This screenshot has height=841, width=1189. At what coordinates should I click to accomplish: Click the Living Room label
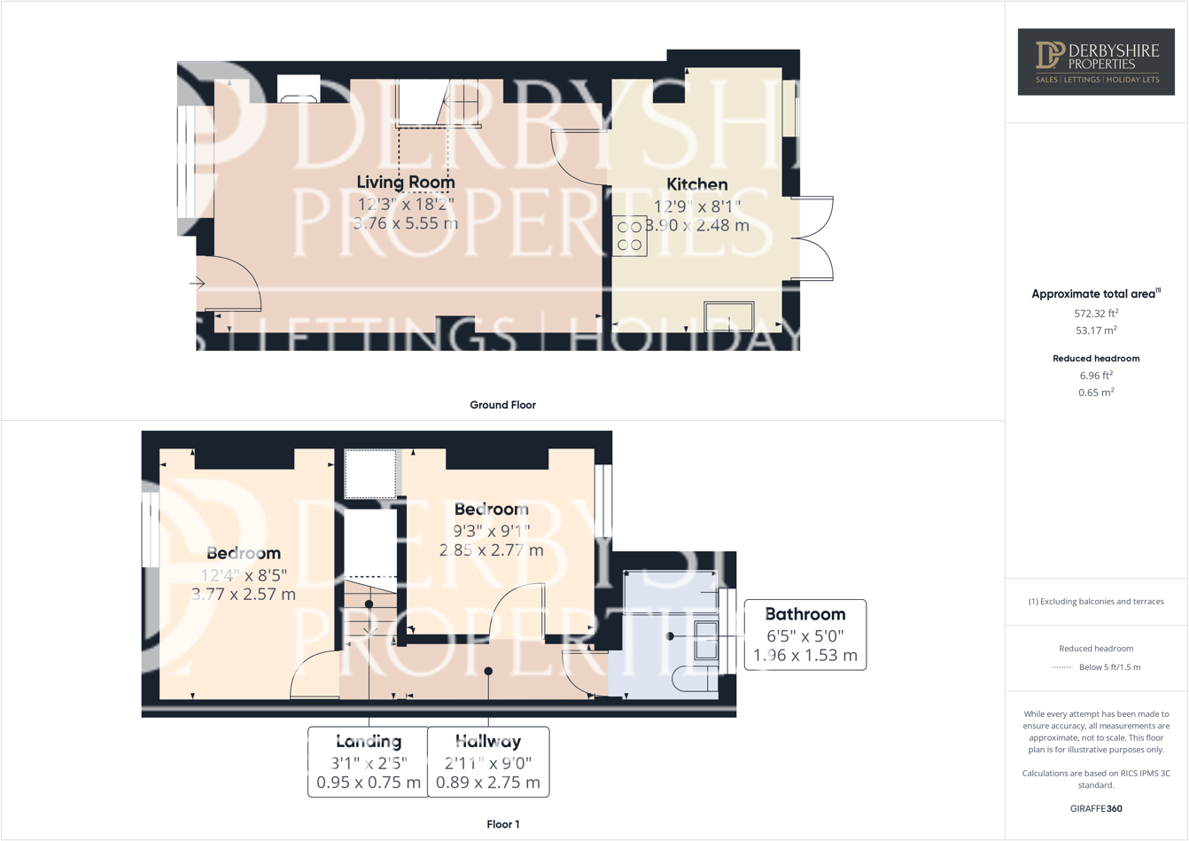(406, 182)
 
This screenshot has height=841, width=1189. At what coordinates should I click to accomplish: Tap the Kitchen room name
(697, 184)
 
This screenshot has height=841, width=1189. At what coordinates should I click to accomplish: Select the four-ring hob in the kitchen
(630, 236)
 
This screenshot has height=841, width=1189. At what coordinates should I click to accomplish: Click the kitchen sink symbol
(729, 316)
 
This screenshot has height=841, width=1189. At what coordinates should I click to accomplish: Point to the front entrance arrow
(198, 284)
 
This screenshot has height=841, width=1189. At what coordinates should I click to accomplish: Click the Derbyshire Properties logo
(1096, 62)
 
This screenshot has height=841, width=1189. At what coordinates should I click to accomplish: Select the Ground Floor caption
(502, 405)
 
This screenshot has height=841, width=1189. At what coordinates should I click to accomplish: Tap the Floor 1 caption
(503, 824)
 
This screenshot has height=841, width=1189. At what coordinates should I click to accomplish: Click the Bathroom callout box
(804, 635)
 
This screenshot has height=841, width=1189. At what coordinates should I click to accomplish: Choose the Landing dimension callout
(369, 762)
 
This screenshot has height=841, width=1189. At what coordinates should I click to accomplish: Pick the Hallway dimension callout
(488, 762)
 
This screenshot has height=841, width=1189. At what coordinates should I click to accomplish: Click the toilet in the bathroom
(696, 679)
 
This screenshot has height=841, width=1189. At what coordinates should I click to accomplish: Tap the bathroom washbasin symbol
(706, 640)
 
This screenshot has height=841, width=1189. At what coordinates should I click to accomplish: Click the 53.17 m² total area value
(1096, 331)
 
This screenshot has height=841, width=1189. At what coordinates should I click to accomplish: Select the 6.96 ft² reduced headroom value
(1096, 375)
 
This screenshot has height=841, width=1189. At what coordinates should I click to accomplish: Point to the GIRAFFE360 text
(1096, 808)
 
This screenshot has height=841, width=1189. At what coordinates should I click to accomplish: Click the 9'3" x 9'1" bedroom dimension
(492, 531)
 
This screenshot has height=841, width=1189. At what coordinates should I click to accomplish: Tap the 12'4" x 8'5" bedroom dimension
(244, 575)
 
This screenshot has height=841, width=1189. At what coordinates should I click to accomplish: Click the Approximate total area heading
(1095, 293)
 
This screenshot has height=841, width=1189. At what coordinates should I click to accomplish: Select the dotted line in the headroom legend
(1061, 667)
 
